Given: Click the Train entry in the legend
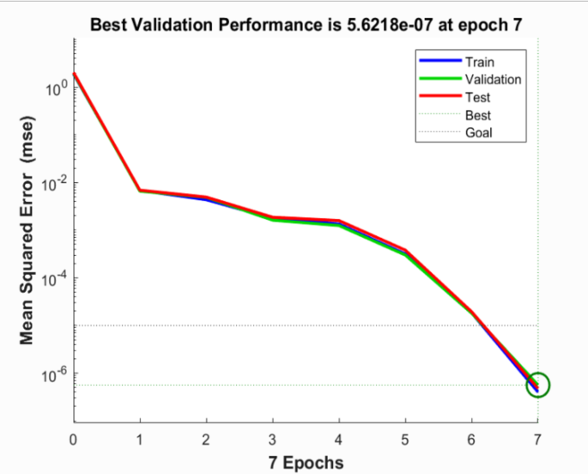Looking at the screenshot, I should [479, 62].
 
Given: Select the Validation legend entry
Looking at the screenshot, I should [493, 80].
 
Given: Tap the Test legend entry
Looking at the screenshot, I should [477, 97].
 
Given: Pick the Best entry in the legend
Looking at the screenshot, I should [478, 115].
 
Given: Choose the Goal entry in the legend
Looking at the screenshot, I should [479, 133].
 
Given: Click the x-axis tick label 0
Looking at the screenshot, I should [74, 440].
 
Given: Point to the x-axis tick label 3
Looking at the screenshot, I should [272, 440].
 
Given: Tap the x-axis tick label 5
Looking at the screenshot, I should [405, 440].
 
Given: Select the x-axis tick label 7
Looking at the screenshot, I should [537, 440].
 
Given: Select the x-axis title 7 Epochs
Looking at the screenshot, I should [305, 462].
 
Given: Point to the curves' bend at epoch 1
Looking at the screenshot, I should [140, 190].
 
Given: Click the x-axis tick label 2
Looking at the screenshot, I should [206, 440].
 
